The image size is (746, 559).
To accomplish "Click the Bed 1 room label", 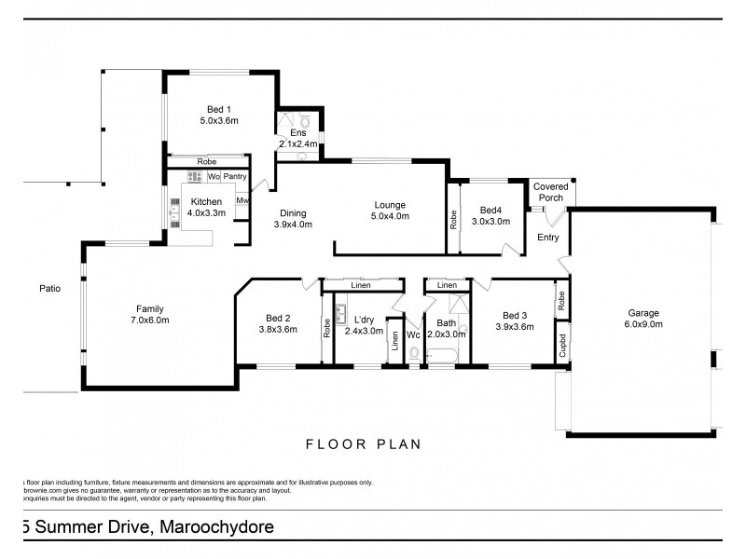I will coord(219,115).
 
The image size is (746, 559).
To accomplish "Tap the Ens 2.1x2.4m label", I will coord(298,139).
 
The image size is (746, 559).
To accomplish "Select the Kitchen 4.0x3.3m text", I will coord(206,207).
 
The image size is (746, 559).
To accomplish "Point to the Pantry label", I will coord(234,176).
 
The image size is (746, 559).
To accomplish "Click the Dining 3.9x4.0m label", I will coord(293,218).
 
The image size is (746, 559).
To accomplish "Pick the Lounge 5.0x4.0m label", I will coord(389,211).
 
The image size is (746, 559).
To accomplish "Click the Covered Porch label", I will coord(550,192).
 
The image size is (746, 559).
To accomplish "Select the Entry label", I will coord(548,238).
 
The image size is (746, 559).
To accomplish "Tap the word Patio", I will coord(49,289).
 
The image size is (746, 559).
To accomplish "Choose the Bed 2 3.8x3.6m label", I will coord(277,322).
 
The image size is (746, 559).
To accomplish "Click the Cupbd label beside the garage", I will coord(562,343).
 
